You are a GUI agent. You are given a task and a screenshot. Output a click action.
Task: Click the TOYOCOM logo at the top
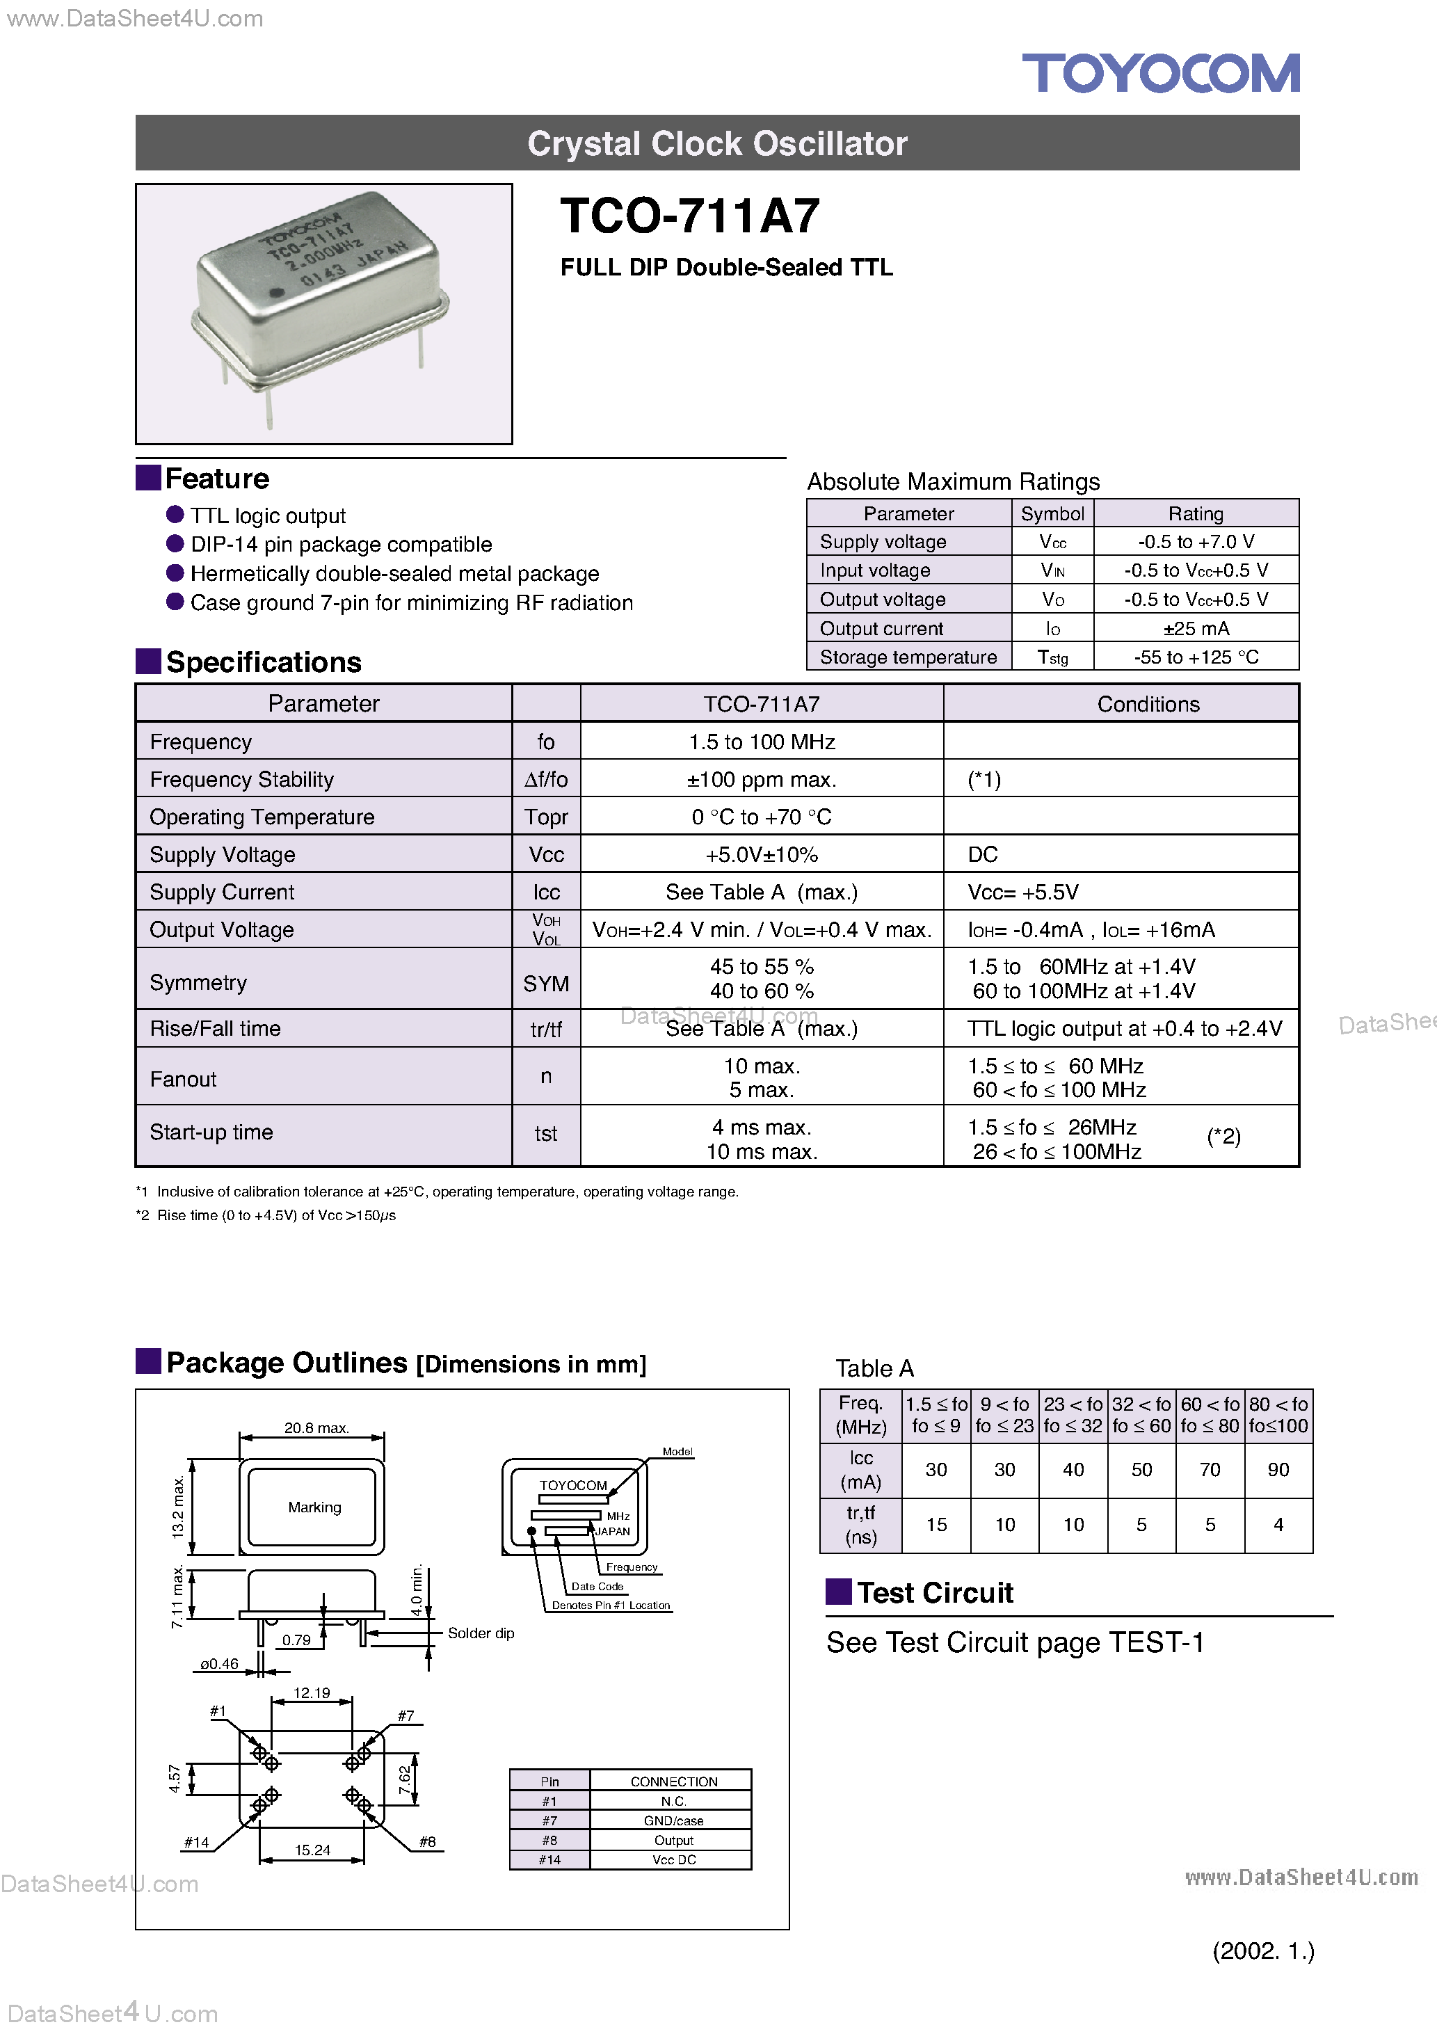(x=1161, y=74)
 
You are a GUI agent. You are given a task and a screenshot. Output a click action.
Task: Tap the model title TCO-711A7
(x=690, y=216)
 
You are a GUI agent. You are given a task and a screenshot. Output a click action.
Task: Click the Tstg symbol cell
(x=1052, y=657)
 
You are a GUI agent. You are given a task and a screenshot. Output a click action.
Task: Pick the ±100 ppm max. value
(x=761, y=780)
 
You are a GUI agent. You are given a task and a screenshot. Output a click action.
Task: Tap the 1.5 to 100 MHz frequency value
(x=761, y=742)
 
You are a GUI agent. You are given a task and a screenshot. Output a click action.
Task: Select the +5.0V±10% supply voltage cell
(x=761, y=855)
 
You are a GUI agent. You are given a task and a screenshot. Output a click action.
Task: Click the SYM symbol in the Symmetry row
(x=546, y=984)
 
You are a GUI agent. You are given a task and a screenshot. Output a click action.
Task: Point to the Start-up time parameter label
(x=211, y=1132)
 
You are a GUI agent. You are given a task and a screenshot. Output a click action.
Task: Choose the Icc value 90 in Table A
(x=1278, y=1470)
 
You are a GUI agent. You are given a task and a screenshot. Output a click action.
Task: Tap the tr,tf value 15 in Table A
(x=936, y=1525)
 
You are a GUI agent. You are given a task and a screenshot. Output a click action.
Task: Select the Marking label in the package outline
(x=314, y=1507)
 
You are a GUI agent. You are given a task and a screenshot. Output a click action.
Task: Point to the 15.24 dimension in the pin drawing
(x=312, y=1850)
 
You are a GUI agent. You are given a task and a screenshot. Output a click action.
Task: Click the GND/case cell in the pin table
(x=673, y=1820)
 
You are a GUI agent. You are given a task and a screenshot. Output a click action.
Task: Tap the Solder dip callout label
(x=480, y=1633)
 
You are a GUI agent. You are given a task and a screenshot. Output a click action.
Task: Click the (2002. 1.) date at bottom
(x=1262, y=1951)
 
